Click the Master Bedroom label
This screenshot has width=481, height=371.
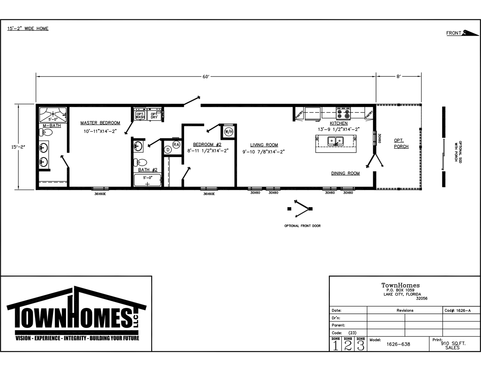(x=100, y=123)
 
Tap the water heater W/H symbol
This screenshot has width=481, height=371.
(x=229, y=132)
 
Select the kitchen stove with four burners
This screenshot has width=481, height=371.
(x=344, y=113)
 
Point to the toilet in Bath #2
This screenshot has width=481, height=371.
(x=140, y=163)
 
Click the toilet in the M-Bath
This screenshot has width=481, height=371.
(x=46, y=132)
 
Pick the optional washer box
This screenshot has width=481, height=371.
(x=140, y=114)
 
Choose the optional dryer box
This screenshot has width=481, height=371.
(x=154, y=114)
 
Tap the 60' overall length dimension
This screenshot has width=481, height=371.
(x=206, y=76)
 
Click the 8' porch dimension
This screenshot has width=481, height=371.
(x=399, y=76)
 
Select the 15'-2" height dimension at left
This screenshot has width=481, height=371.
(x=18, y=147)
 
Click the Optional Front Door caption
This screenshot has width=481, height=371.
(x=302, y=226)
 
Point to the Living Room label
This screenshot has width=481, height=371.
(x=264, y=145)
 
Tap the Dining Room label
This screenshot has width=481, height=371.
(x=345, y=173)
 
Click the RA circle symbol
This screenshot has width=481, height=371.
(x=176, y=145)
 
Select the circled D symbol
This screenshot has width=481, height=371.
(x=168, y=150)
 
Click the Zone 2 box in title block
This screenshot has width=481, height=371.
(x=348, y=344)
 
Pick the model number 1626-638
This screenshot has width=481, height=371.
(x=398, y=344)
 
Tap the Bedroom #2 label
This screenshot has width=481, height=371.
(x=207, y=145)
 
